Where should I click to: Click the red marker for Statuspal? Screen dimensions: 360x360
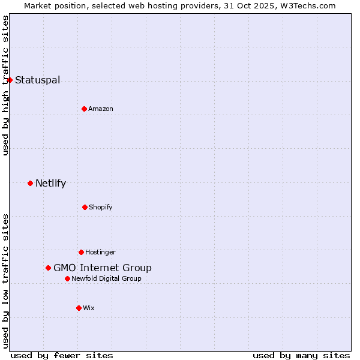(x=10, y=80)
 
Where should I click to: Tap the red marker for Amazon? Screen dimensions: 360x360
(x=84, y=109)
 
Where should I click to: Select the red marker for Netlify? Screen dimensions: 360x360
(x=30, y=183)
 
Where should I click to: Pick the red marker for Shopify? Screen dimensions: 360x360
(x=85, y=207)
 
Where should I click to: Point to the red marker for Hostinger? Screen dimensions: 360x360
(x=81, y=252)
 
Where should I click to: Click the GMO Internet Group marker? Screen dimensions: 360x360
(x=48, y=268)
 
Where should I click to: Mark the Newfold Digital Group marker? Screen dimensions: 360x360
(x=67, y=278)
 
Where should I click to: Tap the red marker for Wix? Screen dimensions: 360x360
(x=79, y=308)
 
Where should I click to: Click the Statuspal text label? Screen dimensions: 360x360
(x=37, y=80)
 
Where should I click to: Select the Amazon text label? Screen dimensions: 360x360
(x=101, y=109)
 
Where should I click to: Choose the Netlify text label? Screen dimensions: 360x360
(x=50, y=183)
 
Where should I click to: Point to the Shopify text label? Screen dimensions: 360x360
(x=101, y=207)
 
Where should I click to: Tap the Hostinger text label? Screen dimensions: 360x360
(x=100, y=252)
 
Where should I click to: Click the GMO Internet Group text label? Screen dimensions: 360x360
(x=103, y=268)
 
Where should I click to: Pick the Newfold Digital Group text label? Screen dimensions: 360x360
(x=107, y=278)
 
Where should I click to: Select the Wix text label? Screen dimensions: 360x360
(x=89, y=308)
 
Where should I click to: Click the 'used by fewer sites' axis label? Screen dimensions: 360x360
(x=62, y=355)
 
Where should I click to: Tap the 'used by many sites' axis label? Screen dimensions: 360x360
(x=301, y=355)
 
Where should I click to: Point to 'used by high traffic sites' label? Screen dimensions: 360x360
(x=5, y=85)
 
